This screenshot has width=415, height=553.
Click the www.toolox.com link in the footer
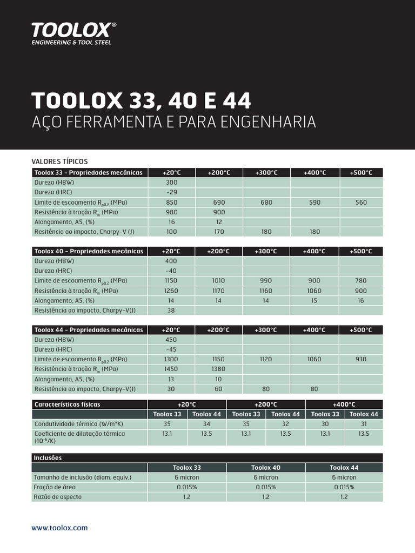click(x=59, y=528)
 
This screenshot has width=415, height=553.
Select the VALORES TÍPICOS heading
click(x=59, y=161)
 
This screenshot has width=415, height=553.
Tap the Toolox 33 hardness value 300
click(x=172, y=183)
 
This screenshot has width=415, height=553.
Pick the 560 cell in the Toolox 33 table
click(x=361, y=203)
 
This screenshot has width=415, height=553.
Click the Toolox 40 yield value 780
click(x=361, y=281)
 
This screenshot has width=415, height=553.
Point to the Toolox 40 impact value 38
click(x=172, y=311)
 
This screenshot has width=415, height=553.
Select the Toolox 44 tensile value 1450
click(x=172, y=369)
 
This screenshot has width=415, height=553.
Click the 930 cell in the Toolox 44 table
click(x=361, y=359)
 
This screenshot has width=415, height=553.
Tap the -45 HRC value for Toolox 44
click(x=172, y=349)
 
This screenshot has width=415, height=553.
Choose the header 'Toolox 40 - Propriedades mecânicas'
click(x=89, y=251)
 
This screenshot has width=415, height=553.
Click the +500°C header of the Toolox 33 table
click(x=361, y=173)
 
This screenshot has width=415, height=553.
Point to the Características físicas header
click(x=68, y=404)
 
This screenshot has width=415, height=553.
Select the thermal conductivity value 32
click(x=285, y=424)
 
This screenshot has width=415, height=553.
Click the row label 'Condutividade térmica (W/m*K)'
click(x=78, y=424)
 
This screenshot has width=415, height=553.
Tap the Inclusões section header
click(x=48, y=458)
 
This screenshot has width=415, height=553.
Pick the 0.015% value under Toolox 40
click(x=265, y=487)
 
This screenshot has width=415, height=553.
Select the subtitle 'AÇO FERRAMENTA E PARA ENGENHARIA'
click(x=174, y=122)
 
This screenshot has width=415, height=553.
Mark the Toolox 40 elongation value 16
click(x=361, y=301)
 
